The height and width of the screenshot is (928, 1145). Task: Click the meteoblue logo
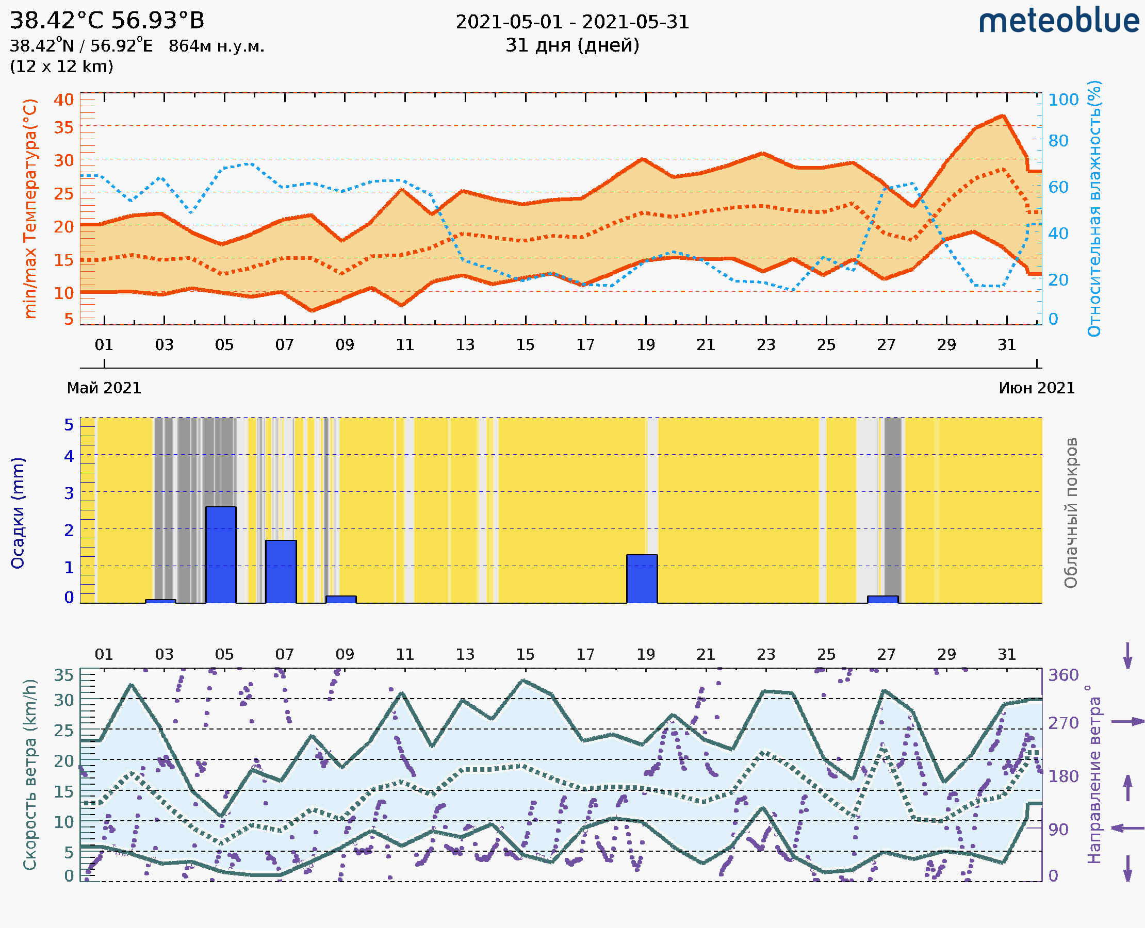coord(1058,21)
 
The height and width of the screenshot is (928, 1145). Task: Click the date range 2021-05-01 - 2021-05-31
coord(572,22)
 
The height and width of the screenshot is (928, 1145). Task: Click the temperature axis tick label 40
coord(63,100)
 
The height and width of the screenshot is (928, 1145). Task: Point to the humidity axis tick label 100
coord(1063,100)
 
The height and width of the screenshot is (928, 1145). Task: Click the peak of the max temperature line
coord(1003,115)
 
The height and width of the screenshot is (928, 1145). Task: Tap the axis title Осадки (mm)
coord(18,513)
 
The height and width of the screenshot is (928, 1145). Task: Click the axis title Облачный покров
coord(1071,513)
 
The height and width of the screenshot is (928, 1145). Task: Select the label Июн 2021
coord(1037,388)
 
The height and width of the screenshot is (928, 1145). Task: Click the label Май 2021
coord(104,388)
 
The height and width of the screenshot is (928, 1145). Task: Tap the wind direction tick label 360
coord(1063,675)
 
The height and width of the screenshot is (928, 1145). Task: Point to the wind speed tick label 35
coord(63,675)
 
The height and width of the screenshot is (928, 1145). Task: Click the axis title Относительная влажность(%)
coord(1094,208)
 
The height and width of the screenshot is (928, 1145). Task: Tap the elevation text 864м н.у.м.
coord(216,46)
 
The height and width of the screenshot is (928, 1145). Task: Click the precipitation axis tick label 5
coord(69,425)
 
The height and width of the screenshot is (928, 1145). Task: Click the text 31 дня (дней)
coord(572,45)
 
